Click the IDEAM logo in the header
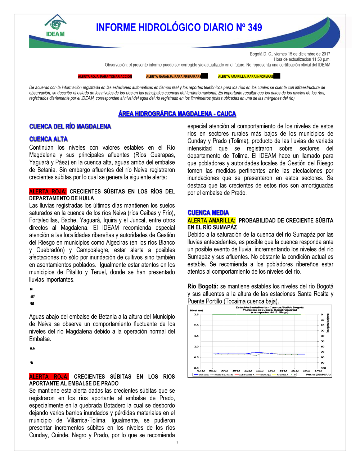click(x=55, y=26)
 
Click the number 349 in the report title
click(x=255, y=28)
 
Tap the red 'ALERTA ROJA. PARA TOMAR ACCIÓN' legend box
click(x=105, y=77)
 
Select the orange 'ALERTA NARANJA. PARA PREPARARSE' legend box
click(x=174, y=77)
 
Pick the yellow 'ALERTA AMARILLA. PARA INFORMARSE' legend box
click(x=246, y=77)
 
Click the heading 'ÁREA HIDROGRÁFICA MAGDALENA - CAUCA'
click(x=177, y=114)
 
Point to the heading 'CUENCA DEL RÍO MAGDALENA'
click(x=70, y=127)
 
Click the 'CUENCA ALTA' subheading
click(x=49, y=139)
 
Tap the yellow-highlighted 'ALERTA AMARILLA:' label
click(x=211, y=220)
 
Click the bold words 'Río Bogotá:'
click(x=203, y=287)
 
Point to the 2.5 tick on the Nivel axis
click(x=196, y=315)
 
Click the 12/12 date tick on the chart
click(x=260, y=370)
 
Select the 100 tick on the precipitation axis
click(x=323, y=368)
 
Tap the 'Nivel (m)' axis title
click(x=197, y=310)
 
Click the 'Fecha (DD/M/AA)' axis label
click(x=318, y=375)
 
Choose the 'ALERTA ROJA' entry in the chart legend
click(x=247, y=375)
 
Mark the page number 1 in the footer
click(x=177, y=442)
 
